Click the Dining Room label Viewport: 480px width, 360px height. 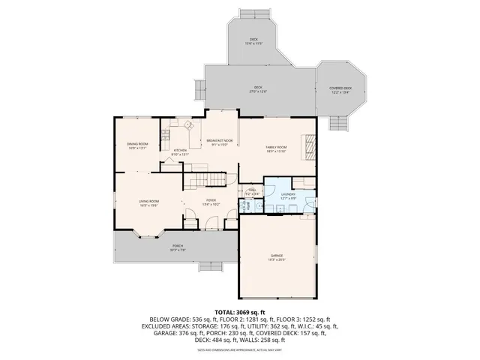137,143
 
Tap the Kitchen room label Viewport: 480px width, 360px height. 180,150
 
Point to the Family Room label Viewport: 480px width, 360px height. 277,148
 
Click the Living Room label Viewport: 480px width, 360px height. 148,201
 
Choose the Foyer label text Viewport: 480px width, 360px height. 211,200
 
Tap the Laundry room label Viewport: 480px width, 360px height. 288,194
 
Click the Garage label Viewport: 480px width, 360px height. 277,256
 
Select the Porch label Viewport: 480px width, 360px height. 178,245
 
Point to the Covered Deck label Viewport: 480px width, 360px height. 340,88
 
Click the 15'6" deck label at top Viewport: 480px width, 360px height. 253,41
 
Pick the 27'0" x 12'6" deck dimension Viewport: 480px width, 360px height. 258,91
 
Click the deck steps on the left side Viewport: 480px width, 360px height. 199,91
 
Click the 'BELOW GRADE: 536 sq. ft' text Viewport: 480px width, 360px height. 181,319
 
